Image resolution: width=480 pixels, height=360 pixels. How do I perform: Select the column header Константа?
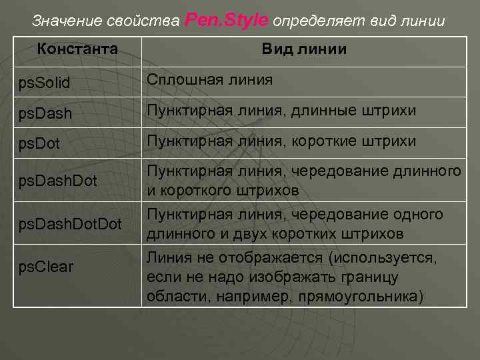[x=77, y=49]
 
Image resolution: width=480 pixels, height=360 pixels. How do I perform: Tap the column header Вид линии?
[x=303, y=49]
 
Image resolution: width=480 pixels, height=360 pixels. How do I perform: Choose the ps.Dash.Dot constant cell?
[x=57, y=179]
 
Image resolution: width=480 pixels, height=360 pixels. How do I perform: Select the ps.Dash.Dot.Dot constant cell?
[x=69, y=223]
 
